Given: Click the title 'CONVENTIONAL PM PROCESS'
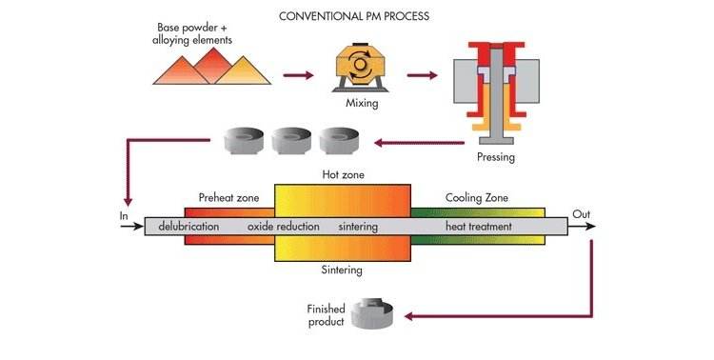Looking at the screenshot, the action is [x=354, y=16].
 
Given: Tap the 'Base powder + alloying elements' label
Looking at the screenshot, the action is [x=192, y=33].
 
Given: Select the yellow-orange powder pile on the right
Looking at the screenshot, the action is [x=243, y=71].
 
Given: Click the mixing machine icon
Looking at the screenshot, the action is [x=360, y=68].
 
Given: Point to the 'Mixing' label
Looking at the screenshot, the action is [x=362, y=103].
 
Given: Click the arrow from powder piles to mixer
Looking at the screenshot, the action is [x=298, y=75].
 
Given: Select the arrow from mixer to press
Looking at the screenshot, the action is [x=422, y=75].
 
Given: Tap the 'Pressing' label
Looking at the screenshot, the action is [x=496, y=157].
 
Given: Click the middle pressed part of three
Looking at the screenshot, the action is [x=291, y=140].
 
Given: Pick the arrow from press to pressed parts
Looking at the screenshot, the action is [x=420, y=143].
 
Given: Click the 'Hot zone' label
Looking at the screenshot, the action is [x=344, y=174].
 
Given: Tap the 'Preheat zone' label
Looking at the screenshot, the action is [x=228, y=198].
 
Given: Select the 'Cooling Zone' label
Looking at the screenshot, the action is [x=477, y=198].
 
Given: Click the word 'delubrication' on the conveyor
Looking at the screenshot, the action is [x=188, y=227].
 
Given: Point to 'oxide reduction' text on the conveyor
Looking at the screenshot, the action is [x=284, y=227].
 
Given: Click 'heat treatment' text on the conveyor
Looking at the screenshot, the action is [x=479, y=227].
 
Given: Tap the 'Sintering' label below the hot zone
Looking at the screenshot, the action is [x=342, y=270].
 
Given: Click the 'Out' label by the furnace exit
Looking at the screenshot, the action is [x=582, y=214].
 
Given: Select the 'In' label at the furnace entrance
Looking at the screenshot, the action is [x=124, y=216].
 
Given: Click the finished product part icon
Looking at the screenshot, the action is [x=372, y=314].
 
